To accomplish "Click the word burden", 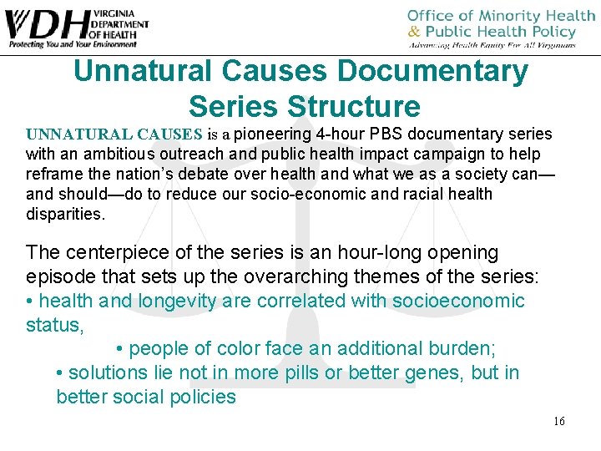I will click(457, 348).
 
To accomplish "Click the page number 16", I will click(558, 421).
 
